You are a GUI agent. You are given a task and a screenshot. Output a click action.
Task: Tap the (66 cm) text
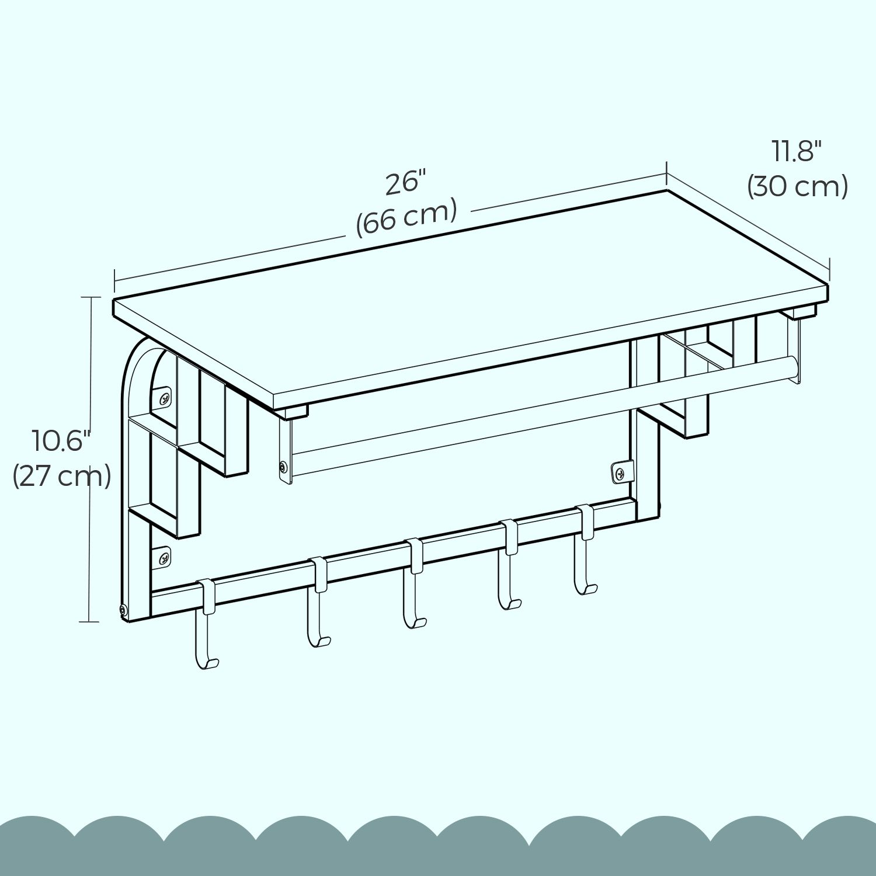click(406, 217)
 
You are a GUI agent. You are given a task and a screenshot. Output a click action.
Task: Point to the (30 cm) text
click(797, 186)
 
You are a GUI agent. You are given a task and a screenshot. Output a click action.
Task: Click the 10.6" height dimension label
click(62, 440)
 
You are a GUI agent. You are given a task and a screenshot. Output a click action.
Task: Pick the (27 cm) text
click(61, 476)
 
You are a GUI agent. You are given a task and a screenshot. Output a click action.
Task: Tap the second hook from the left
click(318, 602)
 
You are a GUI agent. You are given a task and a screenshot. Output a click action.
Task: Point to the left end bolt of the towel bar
click(283, 467)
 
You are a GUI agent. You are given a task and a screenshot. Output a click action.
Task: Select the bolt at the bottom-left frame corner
click(123, 610)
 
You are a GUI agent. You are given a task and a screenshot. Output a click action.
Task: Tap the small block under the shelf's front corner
click(291, 413)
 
